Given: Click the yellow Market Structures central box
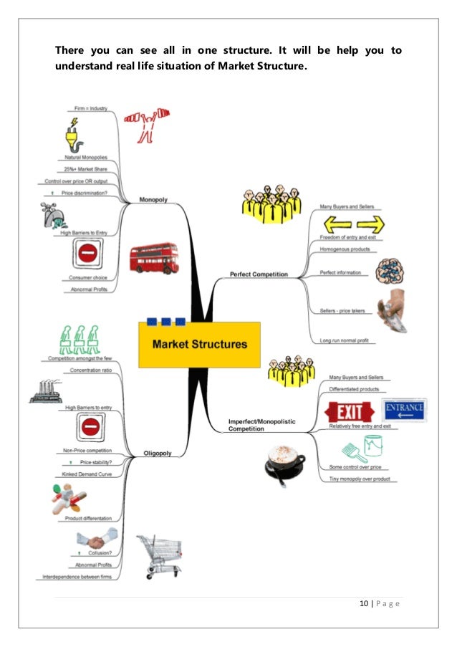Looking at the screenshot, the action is (199, 344).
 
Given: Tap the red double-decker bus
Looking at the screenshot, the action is (154, 258).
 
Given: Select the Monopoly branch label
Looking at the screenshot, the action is (153, 200).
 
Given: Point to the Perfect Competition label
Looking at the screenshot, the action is (259, 274).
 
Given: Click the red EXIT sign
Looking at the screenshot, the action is (350, 411).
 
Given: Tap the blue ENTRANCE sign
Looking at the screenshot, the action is (405, 409).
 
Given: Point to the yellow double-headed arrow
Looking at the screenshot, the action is (349, 222).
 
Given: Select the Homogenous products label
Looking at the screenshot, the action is (346, 250).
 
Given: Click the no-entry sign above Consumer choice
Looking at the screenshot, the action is (88, 253).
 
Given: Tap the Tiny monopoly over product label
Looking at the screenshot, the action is (358, 479).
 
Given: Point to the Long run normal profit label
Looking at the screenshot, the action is (345, 340).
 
